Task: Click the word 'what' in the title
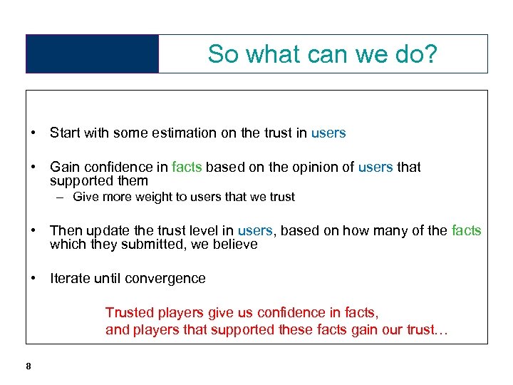(x=266, y=54)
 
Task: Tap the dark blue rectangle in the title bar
(x=92, y=54)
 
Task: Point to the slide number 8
(x=28, y=366)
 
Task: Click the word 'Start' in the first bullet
(x=66, y=133)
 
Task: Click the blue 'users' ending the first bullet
(x=328, y=133)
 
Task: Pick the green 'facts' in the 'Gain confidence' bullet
(x=187, y=167)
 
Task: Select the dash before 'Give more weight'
(x=62, y=197)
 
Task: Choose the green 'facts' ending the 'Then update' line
(x=466, y=231)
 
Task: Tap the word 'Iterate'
(x=70, y=279)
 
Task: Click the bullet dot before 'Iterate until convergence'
(x=33, y=279)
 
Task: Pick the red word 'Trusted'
(x=128, y=312)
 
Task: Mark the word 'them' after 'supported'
(x=132, y=180)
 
